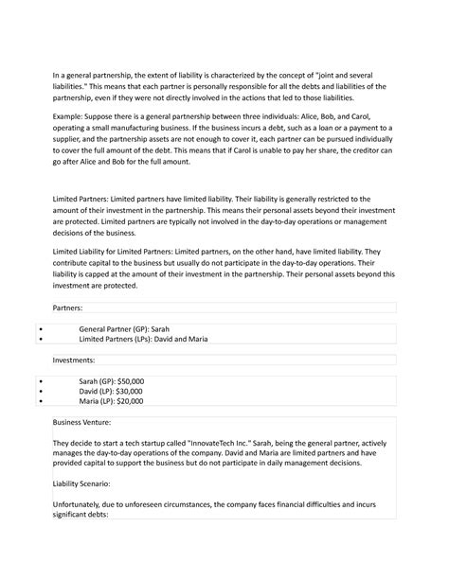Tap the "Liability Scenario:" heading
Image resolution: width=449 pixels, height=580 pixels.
pos(86,481)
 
